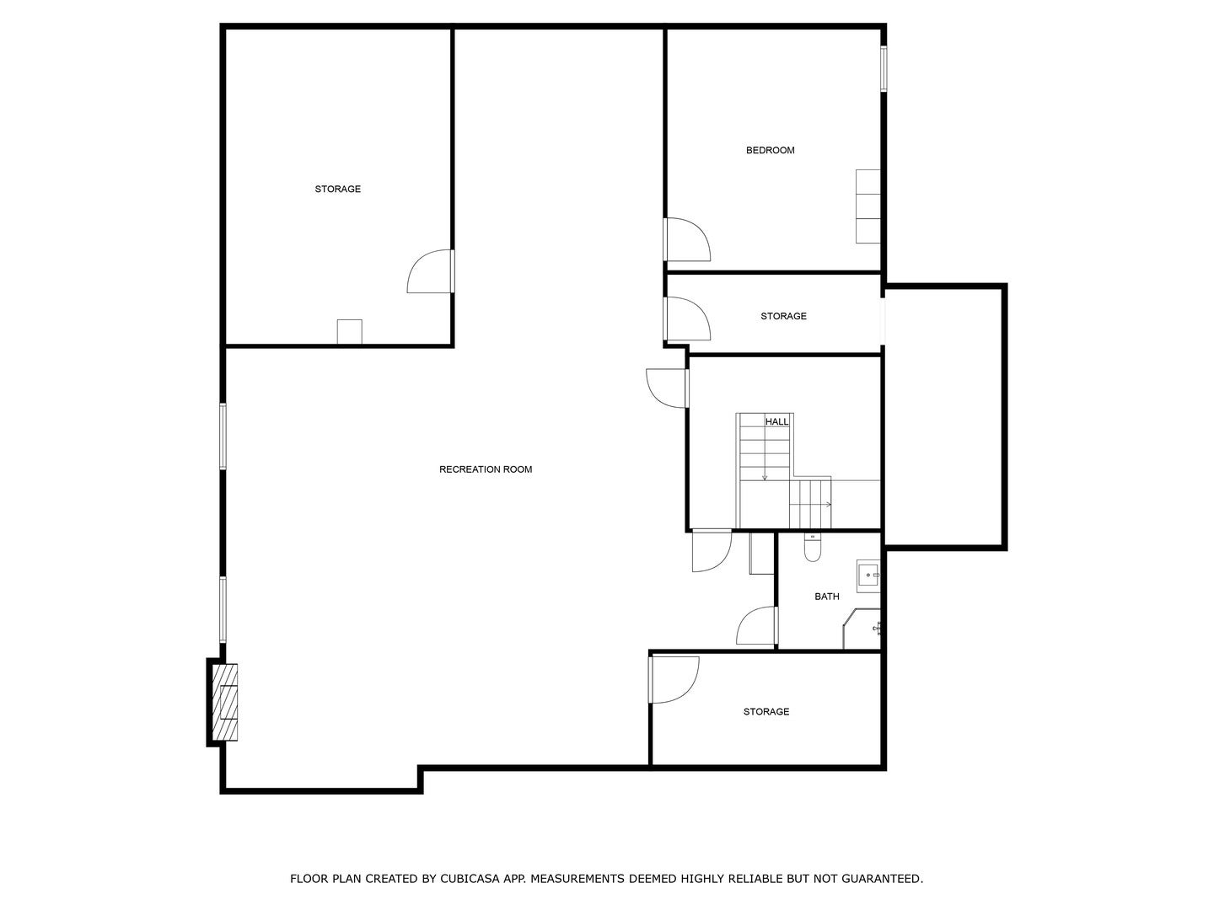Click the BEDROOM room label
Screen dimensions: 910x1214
click(x=770, y=151)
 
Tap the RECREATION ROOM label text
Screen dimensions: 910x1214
click(x=486, y=469)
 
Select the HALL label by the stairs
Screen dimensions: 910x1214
click(x=776, y=421)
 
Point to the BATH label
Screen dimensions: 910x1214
click(x=826, y=597)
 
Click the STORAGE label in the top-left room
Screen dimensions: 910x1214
click(x=337, y=190)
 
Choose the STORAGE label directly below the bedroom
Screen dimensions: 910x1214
click(x=783, y=316)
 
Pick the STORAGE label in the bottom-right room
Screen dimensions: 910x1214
click(x=765, y=712)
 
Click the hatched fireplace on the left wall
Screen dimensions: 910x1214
click(x=224, y=703)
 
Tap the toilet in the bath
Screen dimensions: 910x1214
click(x=812, y=549)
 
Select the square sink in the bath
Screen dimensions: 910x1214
click(x=868, y=575)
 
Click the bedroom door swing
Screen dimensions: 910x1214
click(x=686, y=239)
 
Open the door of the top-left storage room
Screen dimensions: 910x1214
click(x=431, y=272)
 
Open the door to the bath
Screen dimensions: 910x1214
click(x=756, y=627)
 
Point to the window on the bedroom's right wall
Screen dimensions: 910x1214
click(x=884, y=68)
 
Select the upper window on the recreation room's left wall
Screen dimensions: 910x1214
click(x=223, y=436)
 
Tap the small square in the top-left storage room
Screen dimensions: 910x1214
click(x=349, y=331)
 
